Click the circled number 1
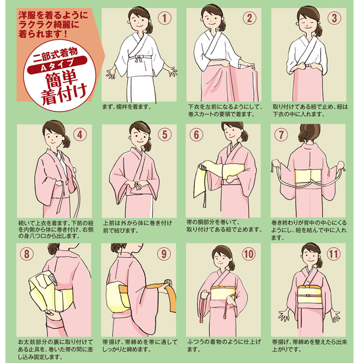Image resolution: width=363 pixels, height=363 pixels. tap(165, 18)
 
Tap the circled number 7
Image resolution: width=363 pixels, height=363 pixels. tap(281, 135)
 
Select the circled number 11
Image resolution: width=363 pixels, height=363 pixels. tap(334, 254)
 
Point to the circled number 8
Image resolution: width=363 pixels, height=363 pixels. tap(27, 254)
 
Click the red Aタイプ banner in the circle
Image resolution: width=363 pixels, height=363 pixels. tap(57, 64)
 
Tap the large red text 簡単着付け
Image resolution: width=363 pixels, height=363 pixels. tap(63, 88)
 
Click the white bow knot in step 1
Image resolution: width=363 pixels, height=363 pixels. tap(139, 58)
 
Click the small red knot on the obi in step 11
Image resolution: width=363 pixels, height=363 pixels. tap(308, 296)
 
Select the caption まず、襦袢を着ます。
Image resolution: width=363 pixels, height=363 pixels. tap(127, 107)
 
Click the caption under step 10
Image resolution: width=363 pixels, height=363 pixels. tap(224, 345)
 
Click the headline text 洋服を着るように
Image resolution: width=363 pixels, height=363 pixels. tap(53, 15)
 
